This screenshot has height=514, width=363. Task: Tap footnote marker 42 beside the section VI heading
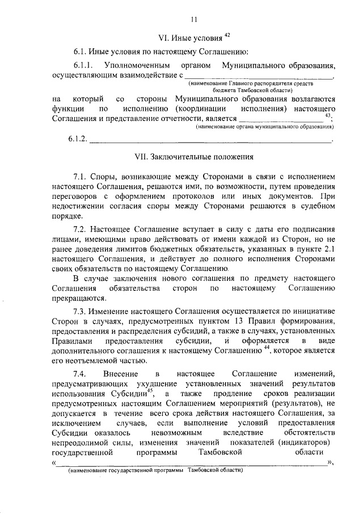(x=226, y=35)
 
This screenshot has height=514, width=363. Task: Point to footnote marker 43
(x=328, y=115)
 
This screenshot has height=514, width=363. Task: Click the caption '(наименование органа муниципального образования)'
(x=264, y=127)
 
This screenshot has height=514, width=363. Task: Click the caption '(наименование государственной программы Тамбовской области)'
(x=153, y=471)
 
